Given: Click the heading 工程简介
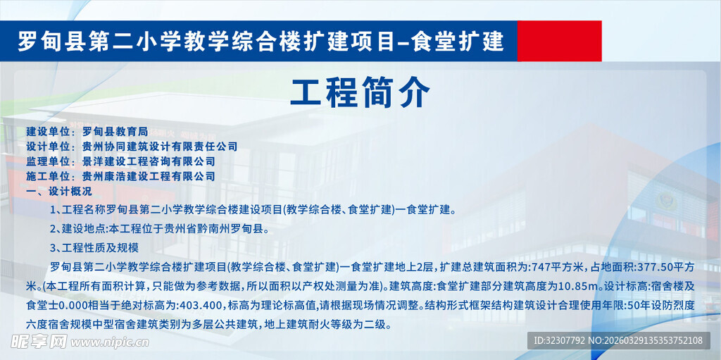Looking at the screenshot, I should tap(360, 92).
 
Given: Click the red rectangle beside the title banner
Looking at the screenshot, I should tap(559, 41).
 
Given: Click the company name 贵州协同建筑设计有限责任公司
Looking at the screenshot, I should tap(160, 147).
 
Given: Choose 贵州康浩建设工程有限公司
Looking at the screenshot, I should tap(149, 176).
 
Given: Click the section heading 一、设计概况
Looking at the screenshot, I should tap(58, 191).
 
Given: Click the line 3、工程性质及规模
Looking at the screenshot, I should tap(95, 247).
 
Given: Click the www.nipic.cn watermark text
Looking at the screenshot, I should tap(112, 342).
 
